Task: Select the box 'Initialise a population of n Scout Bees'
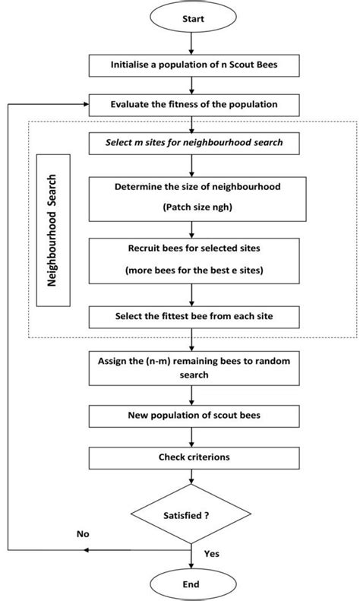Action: coord(191,65)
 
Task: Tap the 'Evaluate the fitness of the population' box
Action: coord(191,103)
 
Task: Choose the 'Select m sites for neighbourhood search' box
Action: coord(191,141)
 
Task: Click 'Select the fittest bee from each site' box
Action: coord(191,315)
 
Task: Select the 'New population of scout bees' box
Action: coord(191,416)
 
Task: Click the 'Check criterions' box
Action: coord(191,458)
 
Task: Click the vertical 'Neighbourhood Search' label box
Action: coord(64,231)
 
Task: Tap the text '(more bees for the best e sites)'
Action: coord(191,270)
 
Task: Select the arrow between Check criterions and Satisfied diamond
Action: coord(191,478)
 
